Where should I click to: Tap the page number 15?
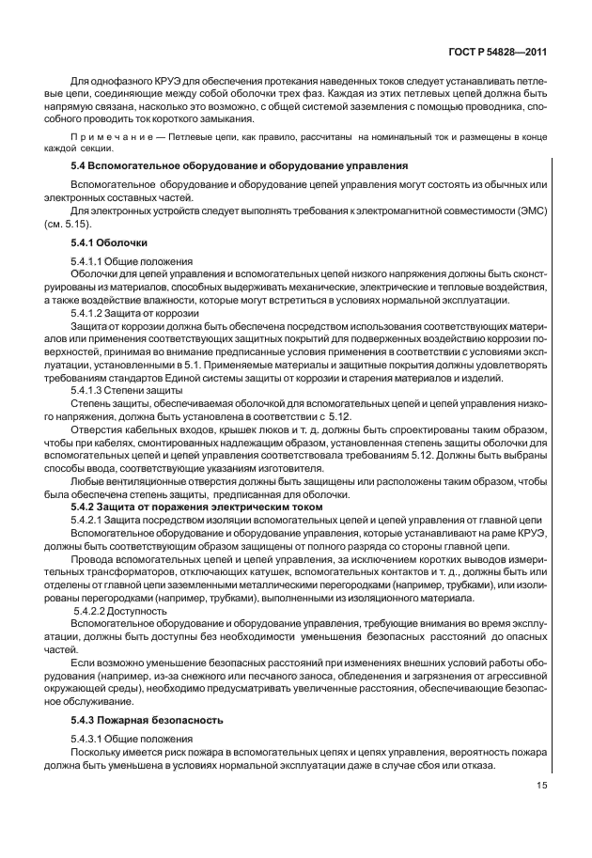tap(542, 787)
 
